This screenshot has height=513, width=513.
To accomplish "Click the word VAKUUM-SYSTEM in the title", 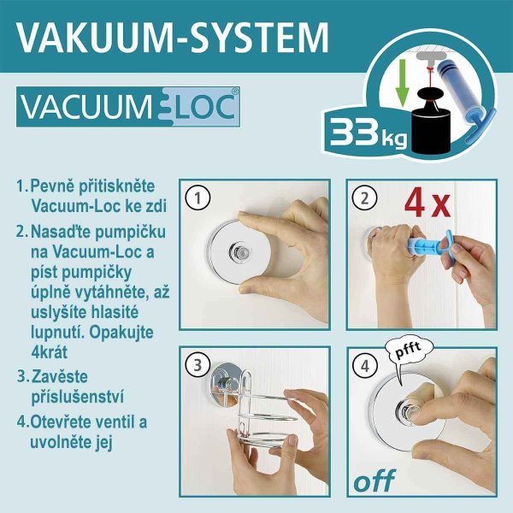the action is point(173,37).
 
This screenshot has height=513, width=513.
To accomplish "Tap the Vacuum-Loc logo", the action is point(128,107).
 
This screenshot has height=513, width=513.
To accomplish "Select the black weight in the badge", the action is point(431,121).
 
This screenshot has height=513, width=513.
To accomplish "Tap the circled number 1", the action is point(198,198).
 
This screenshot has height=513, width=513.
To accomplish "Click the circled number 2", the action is point(365,198).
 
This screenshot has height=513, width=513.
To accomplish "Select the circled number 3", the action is point(198,365).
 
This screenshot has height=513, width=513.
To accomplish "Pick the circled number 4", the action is point(365,365).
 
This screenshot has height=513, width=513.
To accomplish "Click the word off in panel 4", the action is point(374,481).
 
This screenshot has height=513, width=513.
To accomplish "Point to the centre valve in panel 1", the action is point(240,253).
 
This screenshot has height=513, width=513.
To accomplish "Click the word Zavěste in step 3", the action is point(60,376).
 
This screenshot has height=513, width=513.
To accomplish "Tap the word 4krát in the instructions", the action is point(50,352).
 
